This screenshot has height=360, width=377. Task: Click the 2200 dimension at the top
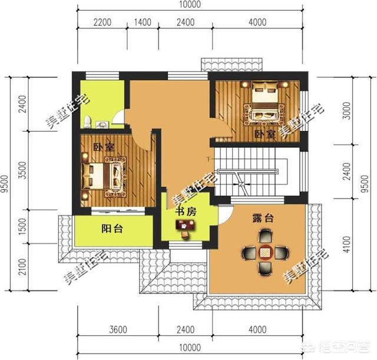(102, 23)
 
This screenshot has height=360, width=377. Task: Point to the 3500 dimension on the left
(22, 171)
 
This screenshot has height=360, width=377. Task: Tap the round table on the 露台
(264, 252)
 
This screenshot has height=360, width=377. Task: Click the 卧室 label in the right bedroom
(264, 134)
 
